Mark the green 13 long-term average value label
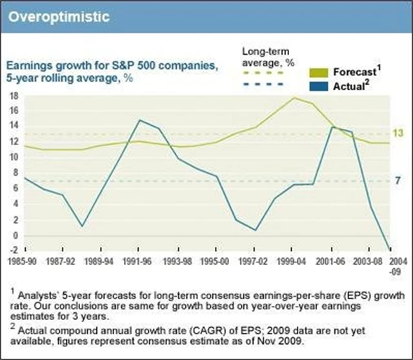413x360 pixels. (x=398, y=134)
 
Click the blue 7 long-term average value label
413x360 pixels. (x=398, y=181)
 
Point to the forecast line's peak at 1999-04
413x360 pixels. (x=294, y=97)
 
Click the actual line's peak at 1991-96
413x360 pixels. (x=139, y=120)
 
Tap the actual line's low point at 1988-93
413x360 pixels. (x=83, y=226)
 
